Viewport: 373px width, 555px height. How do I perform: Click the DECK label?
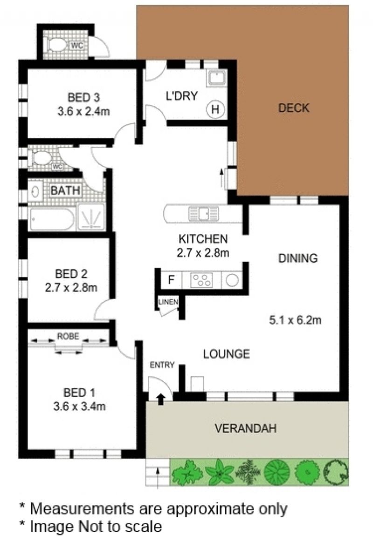[x=294, y=108]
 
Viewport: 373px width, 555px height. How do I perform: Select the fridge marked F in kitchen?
[x=172, y=280]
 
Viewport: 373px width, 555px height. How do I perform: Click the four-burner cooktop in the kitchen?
[x=201, y=280]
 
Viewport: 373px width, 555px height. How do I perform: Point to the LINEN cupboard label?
[x=168, y=302]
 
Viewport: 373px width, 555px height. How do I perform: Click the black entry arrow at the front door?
[x=161, y=399]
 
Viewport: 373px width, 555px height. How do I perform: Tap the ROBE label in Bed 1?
[x=68, y=336]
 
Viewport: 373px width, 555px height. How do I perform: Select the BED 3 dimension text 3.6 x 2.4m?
[x=83, y=112]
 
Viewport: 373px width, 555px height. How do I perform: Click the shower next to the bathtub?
[x=91, y=217]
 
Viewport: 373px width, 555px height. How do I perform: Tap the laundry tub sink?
[x=216, y=78]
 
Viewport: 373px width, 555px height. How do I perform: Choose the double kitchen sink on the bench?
[x=204, y=214]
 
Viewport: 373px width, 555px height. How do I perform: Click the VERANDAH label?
[x=246, y=428]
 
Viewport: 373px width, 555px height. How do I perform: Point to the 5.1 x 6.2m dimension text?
[x=295, y=320]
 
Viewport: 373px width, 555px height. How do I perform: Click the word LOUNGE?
[x=226, y=354]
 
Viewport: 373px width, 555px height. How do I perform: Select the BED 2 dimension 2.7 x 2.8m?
[x=71, y=288]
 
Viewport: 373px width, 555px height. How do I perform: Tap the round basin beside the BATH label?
[x=35, y=191]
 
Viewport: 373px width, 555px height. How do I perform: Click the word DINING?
[x=298, y=258]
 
